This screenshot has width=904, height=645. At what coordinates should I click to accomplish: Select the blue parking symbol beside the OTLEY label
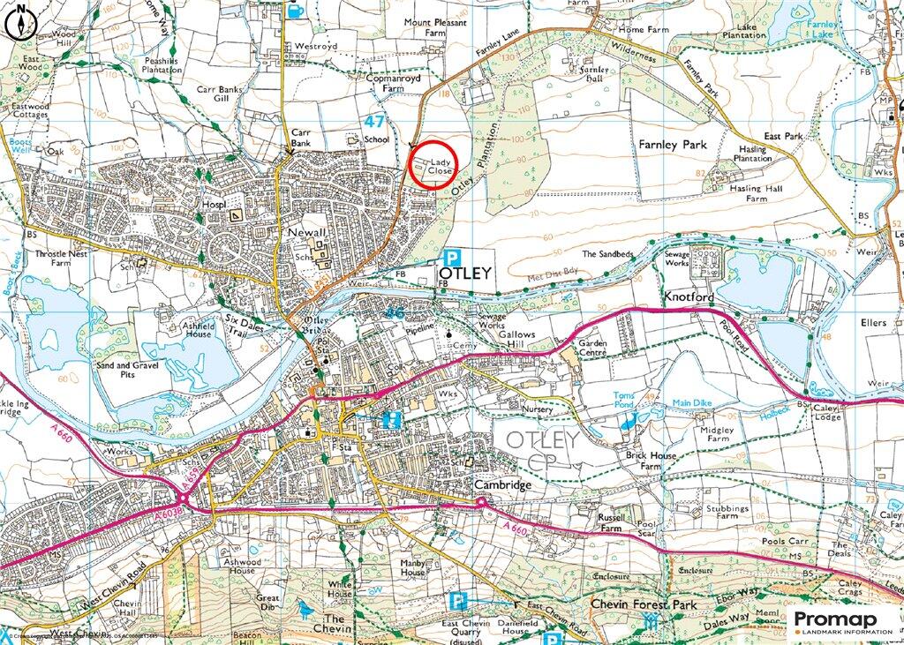pos(452,258)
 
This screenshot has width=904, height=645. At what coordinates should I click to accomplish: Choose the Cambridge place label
pos(502,485)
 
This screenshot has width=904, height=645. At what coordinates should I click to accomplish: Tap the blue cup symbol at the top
pos(295,9)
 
